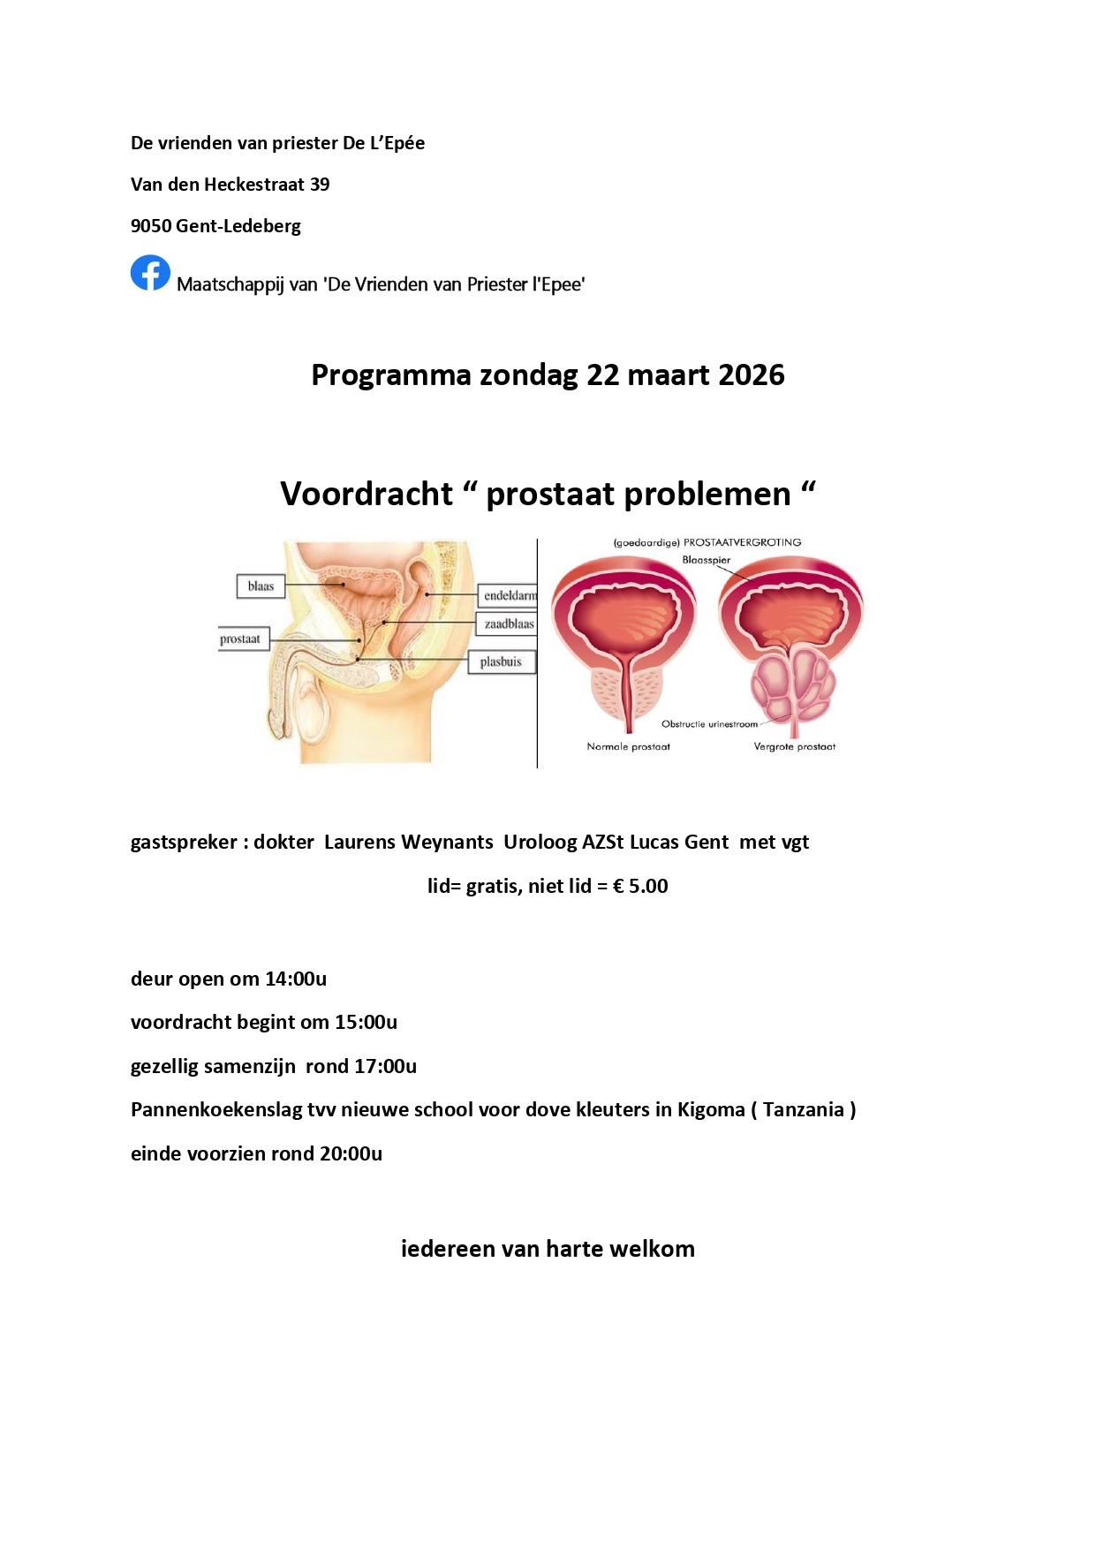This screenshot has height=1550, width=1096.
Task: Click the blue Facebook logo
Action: point(150,273)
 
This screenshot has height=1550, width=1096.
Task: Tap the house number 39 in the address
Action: point(319,185)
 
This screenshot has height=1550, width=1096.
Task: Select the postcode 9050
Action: point(151,226)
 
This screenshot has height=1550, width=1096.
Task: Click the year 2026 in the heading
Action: point(751,375)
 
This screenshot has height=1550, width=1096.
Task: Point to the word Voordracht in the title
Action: point(367,495)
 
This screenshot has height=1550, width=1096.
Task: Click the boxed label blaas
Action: point(261,586)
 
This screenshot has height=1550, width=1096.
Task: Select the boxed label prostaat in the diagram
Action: point(240,639)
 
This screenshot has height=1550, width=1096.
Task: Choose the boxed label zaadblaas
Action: point(509,624)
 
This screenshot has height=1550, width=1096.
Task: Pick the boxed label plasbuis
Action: point(501,662)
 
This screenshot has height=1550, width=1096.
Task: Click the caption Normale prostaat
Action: point(628,747)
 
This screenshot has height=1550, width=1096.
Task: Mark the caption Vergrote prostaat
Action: point(794,747)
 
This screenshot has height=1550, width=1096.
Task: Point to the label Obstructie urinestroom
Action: point(709,724)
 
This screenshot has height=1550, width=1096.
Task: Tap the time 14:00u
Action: point(296,979)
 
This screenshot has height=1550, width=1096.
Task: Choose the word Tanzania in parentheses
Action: point(803,1110)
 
